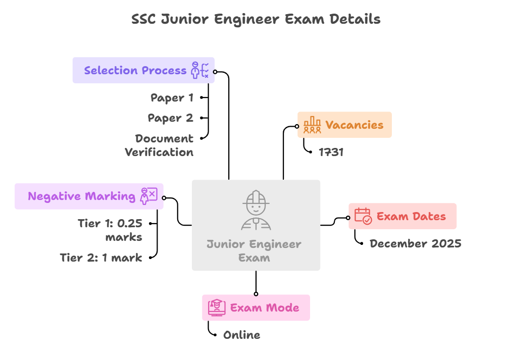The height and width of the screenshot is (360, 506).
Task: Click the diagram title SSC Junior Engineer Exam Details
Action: click(x=256, y=20)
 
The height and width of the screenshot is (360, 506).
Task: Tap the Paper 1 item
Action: click(x=172, y=97)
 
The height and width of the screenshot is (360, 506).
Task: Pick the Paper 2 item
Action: click(x=170, y=118)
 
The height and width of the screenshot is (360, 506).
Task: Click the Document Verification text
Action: click(x=159, y=145)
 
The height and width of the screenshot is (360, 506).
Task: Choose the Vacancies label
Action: click(x=354, y=125)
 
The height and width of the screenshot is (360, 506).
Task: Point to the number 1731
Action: click(x=331, y=152)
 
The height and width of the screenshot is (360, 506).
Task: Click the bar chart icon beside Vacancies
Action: click(x=312, y=125)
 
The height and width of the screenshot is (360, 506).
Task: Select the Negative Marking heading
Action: click(x=82, y=196)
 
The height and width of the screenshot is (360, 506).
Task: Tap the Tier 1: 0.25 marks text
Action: click(x=110, y=230)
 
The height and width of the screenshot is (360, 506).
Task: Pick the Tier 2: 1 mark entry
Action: click(x=101, y=258)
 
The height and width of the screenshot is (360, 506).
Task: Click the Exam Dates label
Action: click(x=411, y=216)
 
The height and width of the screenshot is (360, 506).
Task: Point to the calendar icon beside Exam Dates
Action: click(x=363, y=216)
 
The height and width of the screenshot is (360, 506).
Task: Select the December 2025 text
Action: click(x=415, y=243)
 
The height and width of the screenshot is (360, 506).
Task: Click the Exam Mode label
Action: click(x=265, y=307)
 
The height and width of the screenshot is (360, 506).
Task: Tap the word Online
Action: click(x=241, y=335)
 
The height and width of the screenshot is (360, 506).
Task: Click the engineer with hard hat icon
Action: click(x=256, y=209)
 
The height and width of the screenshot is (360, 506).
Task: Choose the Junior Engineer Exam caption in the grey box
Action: click(x=254, y=251)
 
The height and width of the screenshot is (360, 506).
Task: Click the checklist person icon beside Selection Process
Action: click(x=199, y=70)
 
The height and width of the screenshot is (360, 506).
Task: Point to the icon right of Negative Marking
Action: click(x=149, y=196)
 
